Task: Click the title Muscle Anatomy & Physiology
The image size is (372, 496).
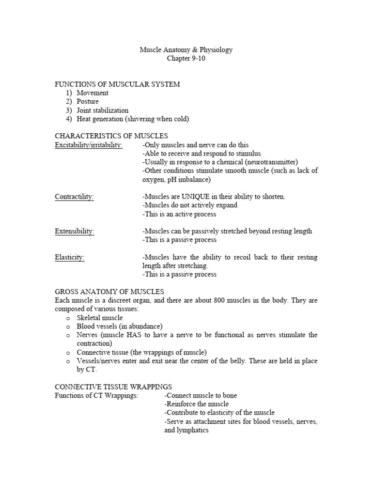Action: click(186, 49)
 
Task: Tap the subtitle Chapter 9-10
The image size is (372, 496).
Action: click(186, 58)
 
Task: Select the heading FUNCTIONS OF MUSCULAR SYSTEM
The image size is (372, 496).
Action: click(117, 84)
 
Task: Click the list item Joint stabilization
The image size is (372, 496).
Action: click(103, 110)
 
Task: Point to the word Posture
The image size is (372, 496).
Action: click(88, 102)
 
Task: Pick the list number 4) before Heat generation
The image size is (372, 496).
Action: click(69, 119)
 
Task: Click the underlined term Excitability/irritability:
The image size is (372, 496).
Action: click(89, 145)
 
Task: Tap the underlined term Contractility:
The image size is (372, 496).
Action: click(74, 197)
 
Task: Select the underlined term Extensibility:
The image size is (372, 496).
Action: click(75, 231)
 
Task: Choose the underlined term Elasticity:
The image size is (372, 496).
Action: click(70, 257)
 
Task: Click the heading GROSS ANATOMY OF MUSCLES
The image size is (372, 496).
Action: click(109, 292)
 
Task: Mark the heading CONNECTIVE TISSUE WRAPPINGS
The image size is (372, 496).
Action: click(113, 387)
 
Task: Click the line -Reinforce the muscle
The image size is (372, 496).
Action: click(197, 404)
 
